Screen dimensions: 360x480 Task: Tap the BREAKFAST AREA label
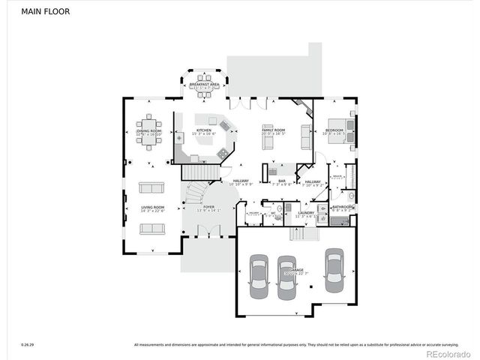tap(204, 85)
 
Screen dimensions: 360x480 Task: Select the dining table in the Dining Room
tap(149, 125)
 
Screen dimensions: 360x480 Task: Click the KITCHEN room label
tap(204, 132)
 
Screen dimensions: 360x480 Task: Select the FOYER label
tap(208, 208)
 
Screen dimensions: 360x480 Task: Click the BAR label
tap(282, 181)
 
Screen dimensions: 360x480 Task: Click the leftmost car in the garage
tap(259, 276)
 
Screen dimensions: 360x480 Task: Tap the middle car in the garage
tap(286, 277)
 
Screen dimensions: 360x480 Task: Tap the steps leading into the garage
tap(300, 234)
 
